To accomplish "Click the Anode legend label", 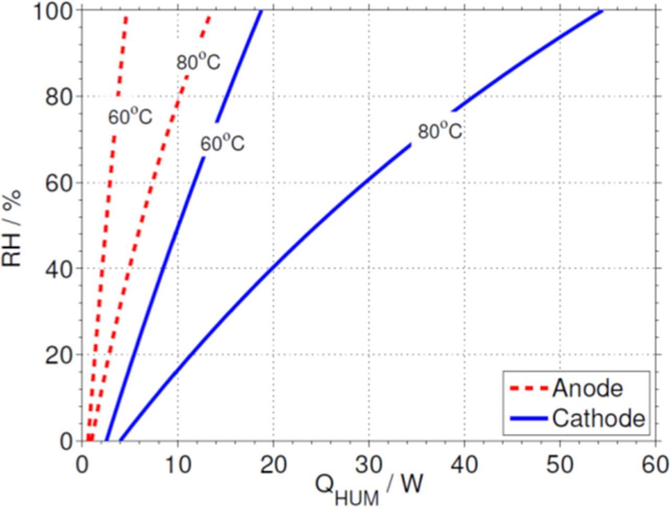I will tap(588, 388).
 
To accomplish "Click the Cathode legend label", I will tap(598, 419).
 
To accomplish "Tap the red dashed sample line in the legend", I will tap(529, 389).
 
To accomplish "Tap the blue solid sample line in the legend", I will tap(529, 419).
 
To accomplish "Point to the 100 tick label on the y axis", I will tap(54, 12).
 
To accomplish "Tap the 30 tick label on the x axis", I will tap(368, 464).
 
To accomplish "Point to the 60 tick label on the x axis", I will tap(655, 464).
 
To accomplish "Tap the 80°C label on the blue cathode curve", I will tap(440, 131).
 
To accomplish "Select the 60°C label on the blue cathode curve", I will tap(222, 143).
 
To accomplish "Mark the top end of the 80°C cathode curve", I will tap(602, 11).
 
